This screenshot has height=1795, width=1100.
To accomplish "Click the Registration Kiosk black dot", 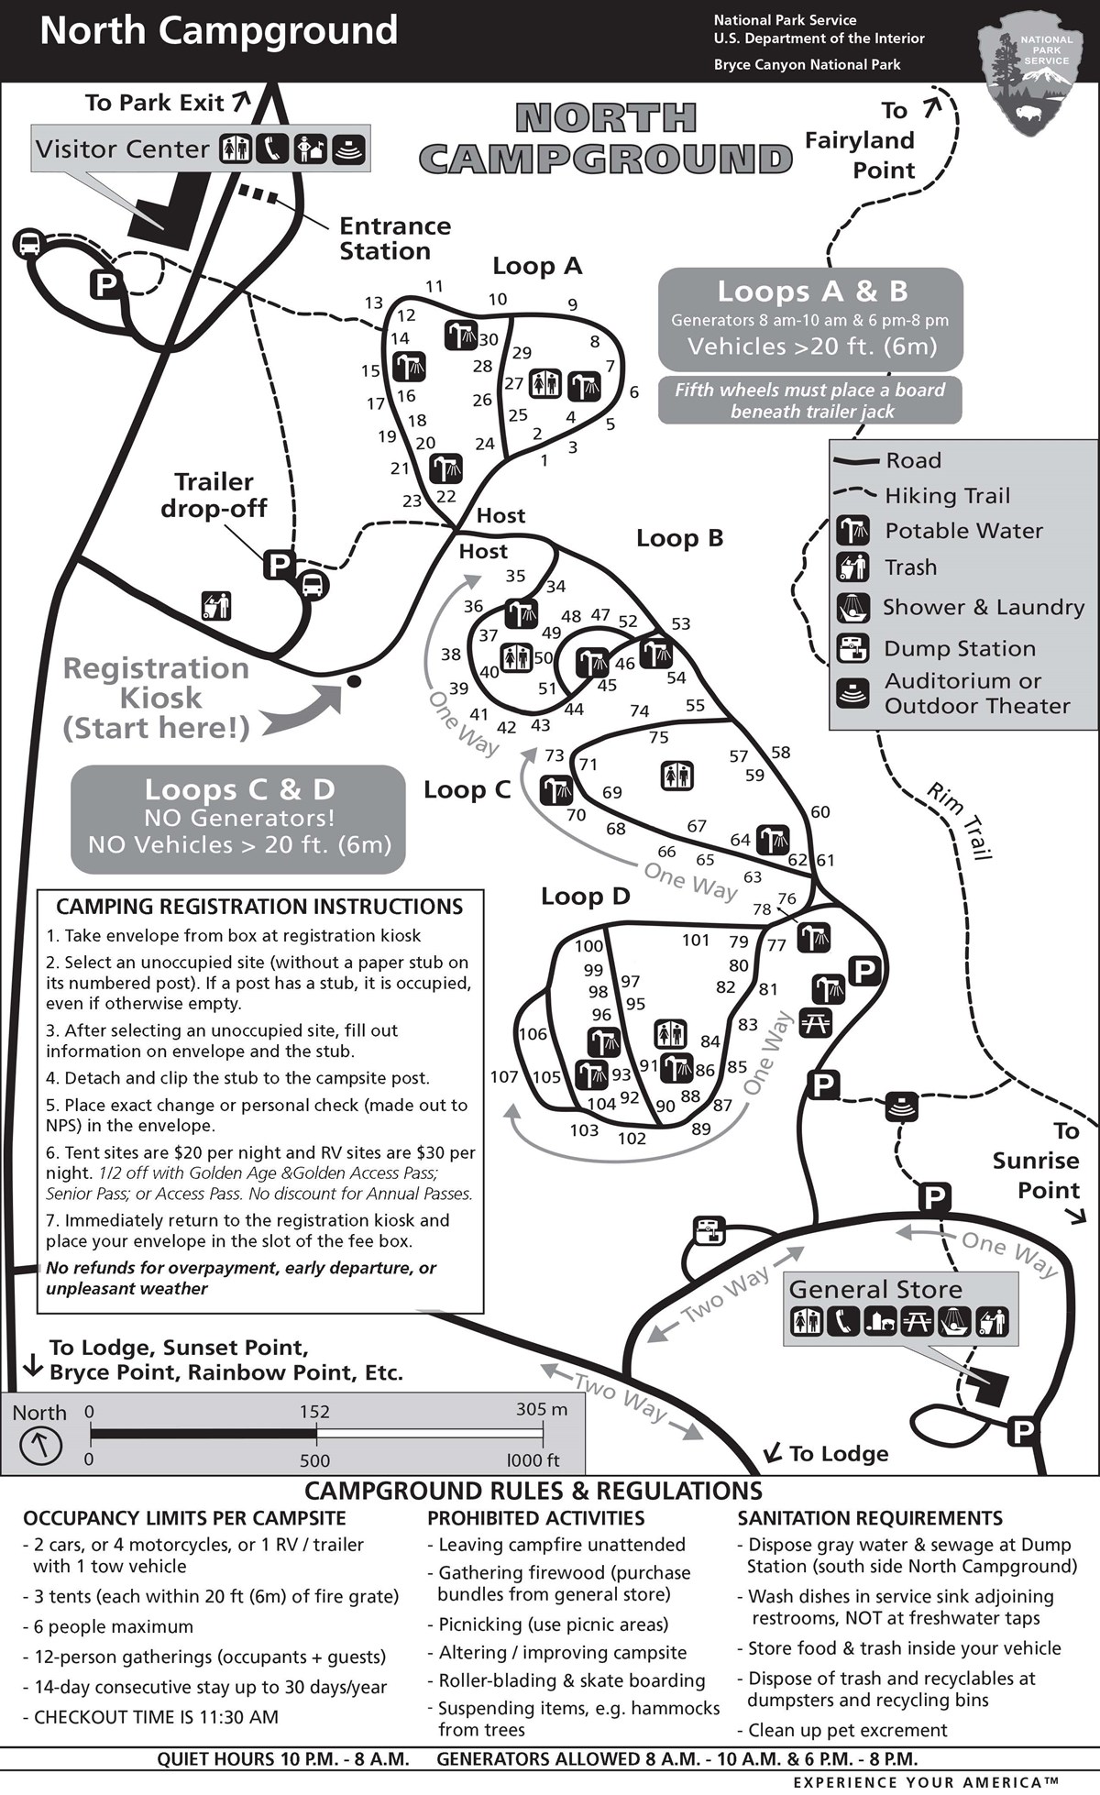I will coord(354,681).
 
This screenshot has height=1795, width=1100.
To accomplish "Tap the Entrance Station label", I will coord(394,238).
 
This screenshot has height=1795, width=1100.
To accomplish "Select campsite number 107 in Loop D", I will coord(503,1076).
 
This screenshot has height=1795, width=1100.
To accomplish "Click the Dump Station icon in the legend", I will coord(852,648).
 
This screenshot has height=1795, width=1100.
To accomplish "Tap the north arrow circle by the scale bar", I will coord(39,1446).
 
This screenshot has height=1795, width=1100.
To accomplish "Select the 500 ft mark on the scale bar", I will coord(315,1460).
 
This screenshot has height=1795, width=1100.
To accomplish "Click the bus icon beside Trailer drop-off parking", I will coord(313,584).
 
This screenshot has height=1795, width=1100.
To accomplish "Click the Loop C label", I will coord(467,789).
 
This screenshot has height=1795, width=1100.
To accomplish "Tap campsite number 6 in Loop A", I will coord(633,392).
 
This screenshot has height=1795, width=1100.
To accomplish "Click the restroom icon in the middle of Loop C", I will coord(676,776).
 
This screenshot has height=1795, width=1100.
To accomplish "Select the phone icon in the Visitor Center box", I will coord(272,149).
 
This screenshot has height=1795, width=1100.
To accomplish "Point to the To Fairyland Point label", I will coord(860,140).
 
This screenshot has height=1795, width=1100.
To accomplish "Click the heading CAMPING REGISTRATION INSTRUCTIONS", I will coord(259,907).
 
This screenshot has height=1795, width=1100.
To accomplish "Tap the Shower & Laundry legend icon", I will coord(852,607).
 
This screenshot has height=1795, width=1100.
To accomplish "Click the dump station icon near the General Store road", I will coord(709,1230).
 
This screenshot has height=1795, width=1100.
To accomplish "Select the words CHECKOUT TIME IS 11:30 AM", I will coord(156,1717).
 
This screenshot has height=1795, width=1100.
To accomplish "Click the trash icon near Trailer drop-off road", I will coord(216,605).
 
